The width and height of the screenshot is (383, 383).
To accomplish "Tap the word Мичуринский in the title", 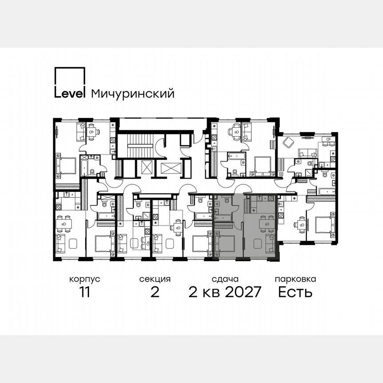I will click(132, 94).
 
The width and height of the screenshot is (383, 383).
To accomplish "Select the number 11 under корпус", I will click(84, 293).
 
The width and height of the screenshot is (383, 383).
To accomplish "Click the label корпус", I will click(84, 279).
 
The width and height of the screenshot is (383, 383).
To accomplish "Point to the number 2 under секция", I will click(155, 293).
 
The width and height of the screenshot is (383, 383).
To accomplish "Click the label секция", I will click(155, 279).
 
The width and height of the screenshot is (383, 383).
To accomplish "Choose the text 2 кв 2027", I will click(225, 293).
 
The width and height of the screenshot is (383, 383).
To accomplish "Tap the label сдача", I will click(225, 279).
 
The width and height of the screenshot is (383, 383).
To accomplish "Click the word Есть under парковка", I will click(295, 293).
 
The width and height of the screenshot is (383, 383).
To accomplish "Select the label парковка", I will click(295, 279).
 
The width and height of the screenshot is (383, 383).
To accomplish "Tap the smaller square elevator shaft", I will click(147, 168).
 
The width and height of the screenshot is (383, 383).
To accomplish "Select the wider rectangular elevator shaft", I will click(172, 168).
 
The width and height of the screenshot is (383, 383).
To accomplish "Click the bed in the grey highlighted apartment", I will click(226, 243).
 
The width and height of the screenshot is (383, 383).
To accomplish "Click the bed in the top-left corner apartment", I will click(66, 165).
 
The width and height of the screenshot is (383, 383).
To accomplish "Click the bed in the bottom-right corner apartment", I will click(326, 225).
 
